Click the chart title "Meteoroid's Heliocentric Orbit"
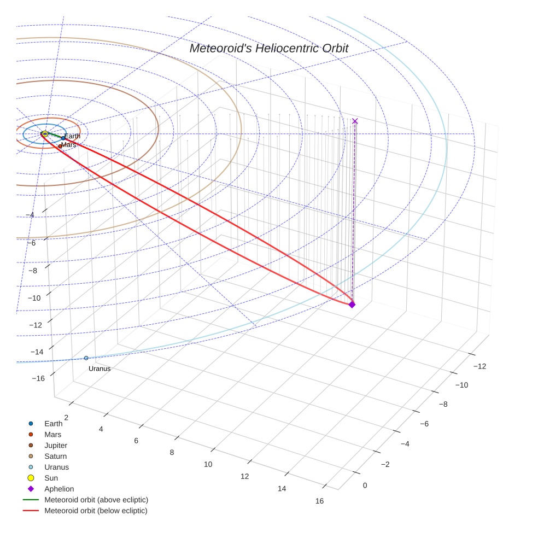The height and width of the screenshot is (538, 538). coord(268,48)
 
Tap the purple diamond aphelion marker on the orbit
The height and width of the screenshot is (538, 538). coord(352,305)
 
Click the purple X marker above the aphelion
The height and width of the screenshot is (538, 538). coord(355,121)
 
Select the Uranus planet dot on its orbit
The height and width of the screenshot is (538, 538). coord(86,358)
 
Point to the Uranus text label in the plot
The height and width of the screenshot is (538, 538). coord(100,369)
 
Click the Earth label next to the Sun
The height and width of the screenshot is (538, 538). coord(72,137)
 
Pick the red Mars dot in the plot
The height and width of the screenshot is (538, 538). coord(60,146)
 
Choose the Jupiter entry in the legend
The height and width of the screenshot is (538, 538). coord(56,446)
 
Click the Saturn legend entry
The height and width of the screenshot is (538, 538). coord(55,457)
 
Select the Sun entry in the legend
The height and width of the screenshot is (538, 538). coord(51,478)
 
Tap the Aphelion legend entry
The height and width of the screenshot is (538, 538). coord(59,489)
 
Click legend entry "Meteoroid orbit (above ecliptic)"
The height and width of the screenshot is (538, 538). coord(96,500)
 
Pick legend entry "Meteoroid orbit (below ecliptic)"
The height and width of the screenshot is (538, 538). coord(96,511)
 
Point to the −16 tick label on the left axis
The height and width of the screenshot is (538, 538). coord(38,378)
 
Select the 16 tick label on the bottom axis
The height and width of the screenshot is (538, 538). coord(319,501)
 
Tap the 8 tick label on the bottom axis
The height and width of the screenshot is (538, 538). coord(172,452)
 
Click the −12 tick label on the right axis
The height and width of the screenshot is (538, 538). coord(478,366)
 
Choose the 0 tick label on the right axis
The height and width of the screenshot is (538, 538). coord(365,486)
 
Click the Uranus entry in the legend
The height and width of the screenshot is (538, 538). coord(56,467)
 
